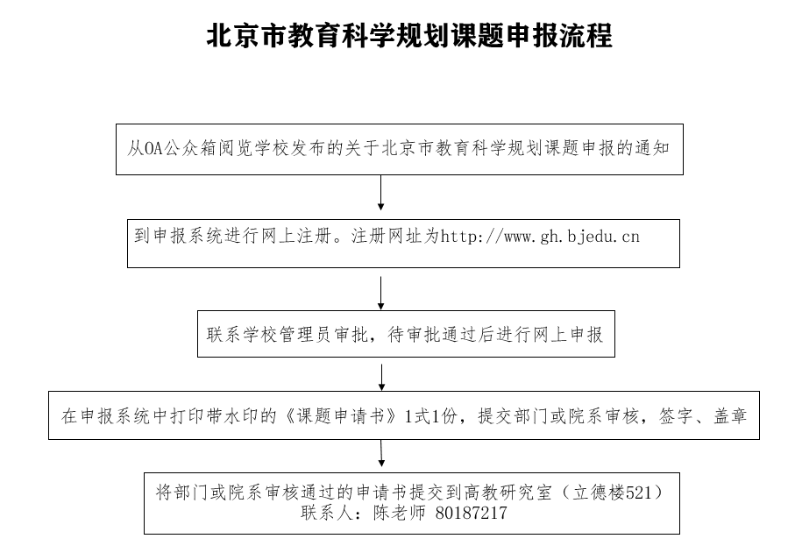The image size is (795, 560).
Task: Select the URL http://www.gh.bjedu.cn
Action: (x=540, y=236)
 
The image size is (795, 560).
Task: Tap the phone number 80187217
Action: (x=471, y=513)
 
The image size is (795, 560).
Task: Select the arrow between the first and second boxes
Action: (x=380, y=193)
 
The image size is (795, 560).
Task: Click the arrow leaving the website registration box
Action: (x=380, y=293)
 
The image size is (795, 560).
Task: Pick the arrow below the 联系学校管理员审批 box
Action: (x=382, y=377)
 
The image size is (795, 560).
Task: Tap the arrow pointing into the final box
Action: (x=381, y=453)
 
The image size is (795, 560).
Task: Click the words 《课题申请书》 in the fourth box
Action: (x=341, y=416)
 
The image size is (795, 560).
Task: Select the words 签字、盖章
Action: (x=703, y=416)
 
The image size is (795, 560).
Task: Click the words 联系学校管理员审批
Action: (x=287, y=335)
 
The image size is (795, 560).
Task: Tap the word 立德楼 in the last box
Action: (x=600, y=493)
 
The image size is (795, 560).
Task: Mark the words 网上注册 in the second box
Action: (x=296, y=236)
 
